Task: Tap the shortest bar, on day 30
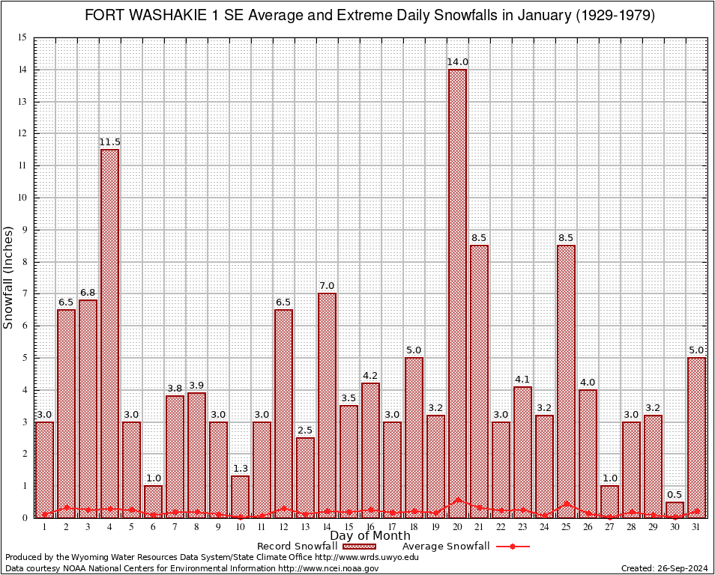click(x=675, y=509)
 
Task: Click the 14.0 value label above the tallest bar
click(x=457, y=62)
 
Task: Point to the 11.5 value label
click(x=109, y=142)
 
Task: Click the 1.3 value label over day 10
click(x=240, y=468)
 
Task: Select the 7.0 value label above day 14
click(x=327, y=285)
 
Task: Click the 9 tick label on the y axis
click(x=23, y=230)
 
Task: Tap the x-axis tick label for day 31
click(x=696, y=527)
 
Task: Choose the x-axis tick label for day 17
click(x=392, y=527)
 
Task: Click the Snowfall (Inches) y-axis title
click(x=9, y=277)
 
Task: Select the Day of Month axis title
click(x=369, y=536)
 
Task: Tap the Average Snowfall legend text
click(x=445, y=547)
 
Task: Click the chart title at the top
click(x=369, y=16)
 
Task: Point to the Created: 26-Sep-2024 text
click(x=664, y=568)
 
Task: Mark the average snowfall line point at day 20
click(x=457, y=500)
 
